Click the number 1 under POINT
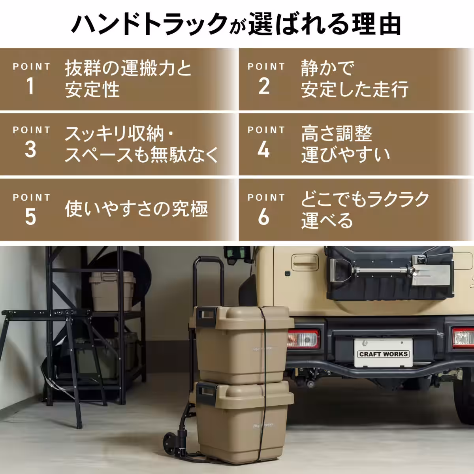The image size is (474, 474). pyautogui.click(x=30, y=86)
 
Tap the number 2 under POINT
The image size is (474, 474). pyautogui.click(x=264, y=86)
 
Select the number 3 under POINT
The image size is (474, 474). pyautogui.click(x=30, y=150)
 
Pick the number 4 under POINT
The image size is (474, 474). pyautogui.click(x=264, y=150)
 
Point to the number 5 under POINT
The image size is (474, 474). pyautogui.click(x=30, y=217)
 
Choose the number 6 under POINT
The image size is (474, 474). pyautogui.click(x=264, y=217)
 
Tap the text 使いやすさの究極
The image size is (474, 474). pyautogui.click(x=136, y=209)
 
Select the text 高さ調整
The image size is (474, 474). pyautogui.click(x=336, y=134)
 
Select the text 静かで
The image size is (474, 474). pyautogui.click(x=327, y=68)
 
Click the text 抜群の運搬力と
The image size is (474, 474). pyautogui.click(x=128, y=68)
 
